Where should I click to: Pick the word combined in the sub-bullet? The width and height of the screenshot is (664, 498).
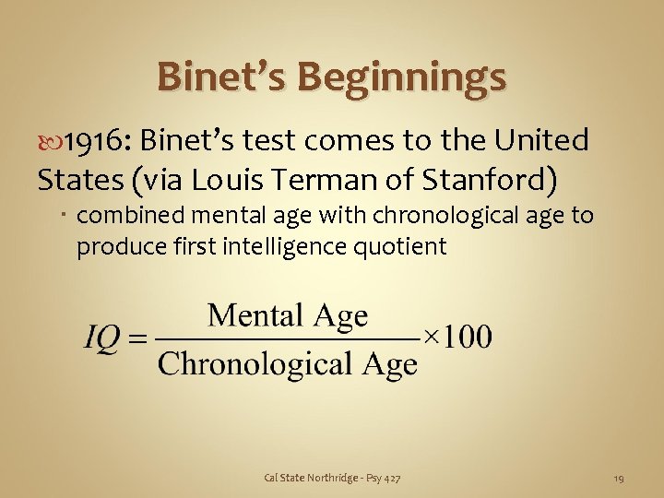[127, 217]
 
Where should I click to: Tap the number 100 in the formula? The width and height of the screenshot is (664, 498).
[466, 337]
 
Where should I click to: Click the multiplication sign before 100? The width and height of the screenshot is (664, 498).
[430, 338]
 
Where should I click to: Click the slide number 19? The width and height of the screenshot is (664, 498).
[619, 478]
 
